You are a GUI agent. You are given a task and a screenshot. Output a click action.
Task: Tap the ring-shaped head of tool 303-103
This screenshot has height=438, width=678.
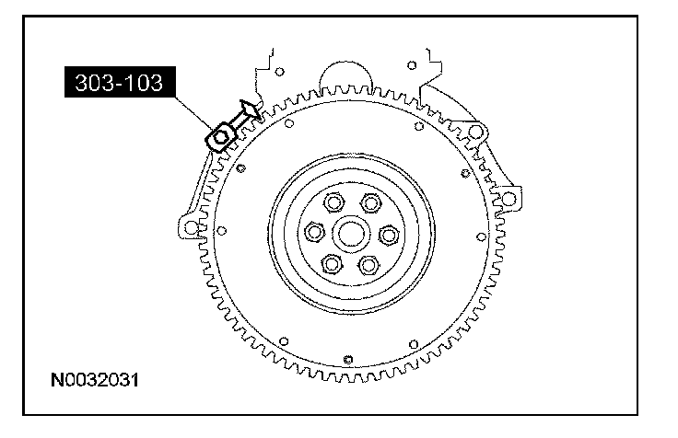tap(221, 138)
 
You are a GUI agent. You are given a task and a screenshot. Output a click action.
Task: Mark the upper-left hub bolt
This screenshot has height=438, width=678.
tap(331, 202)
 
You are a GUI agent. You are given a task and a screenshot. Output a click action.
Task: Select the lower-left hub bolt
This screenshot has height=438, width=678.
tap(331, 265)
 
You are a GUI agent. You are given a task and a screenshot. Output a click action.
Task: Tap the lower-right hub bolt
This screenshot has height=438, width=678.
tap(368, 265)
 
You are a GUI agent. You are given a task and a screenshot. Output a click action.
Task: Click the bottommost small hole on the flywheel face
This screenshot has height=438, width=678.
tap(346, 358)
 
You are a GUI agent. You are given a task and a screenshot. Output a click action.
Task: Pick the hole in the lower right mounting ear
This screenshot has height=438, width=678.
tap(506, 197)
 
